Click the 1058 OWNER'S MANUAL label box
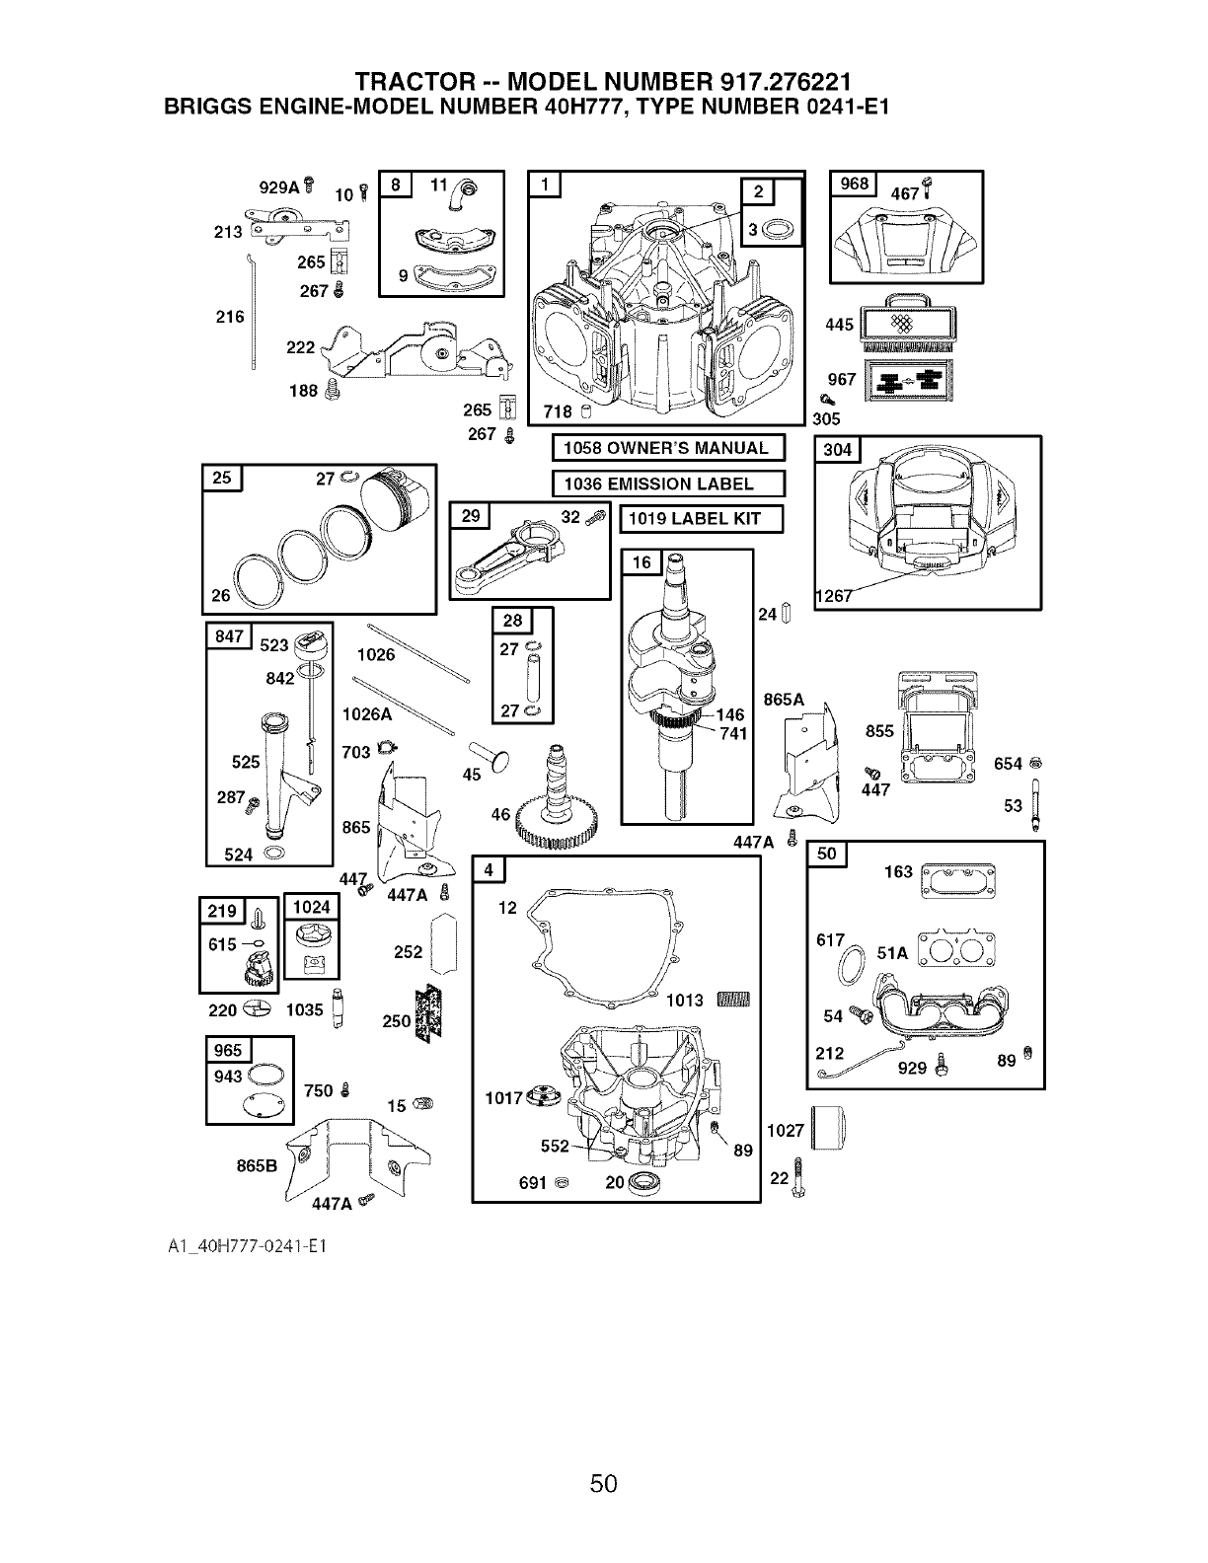pyautogui.click(x=667, y=448)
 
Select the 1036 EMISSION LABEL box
pyautogui.click(x=667, y=484)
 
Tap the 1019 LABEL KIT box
pyautogui.click(x=701, y=519)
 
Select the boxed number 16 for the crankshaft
pyautogui.click(x=642, y=562)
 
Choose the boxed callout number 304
pyautogui.click(x=836, y=451)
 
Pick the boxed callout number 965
pyautogui.click(x=228, y=1049)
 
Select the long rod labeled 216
pyautogui.click(x=253, y=316)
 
